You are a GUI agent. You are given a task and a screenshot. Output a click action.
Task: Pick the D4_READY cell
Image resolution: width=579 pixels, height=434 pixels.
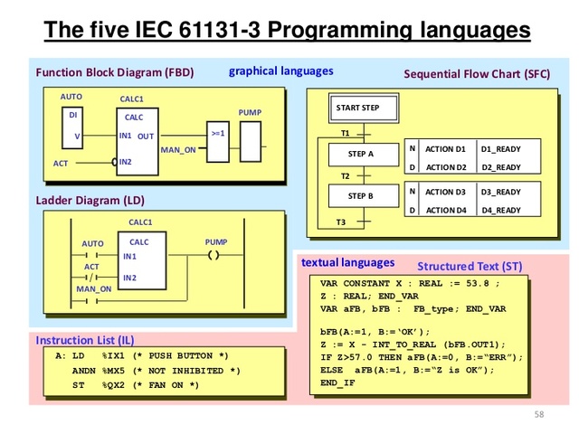pos(500,211)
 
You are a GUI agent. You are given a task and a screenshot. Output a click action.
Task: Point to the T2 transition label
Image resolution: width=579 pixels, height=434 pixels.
pos(345,175)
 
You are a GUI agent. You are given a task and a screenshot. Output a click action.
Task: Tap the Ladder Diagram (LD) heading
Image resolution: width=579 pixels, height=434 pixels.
pos(90,200)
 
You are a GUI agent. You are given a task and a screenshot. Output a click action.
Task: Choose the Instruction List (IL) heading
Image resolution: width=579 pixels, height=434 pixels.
pos(85,340)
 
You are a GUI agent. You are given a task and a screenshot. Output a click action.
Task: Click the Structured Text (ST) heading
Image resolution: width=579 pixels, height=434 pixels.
pos(470,267)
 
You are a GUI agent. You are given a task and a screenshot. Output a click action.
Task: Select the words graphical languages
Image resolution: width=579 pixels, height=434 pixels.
pos(280,71)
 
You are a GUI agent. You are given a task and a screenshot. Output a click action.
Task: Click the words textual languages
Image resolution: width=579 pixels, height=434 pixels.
pos(347,262)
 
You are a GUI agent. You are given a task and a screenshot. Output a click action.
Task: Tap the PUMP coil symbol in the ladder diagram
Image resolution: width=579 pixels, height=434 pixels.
pos(214,256)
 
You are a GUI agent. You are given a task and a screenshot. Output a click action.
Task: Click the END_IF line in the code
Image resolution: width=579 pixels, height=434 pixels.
pos(338,383)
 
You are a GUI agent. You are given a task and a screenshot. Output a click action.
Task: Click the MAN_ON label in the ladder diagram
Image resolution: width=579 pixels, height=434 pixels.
pos(93,289)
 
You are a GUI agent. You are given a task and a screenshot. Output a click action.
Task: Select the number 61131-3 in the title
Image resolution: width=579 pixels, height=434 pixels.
pos(250,31)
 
